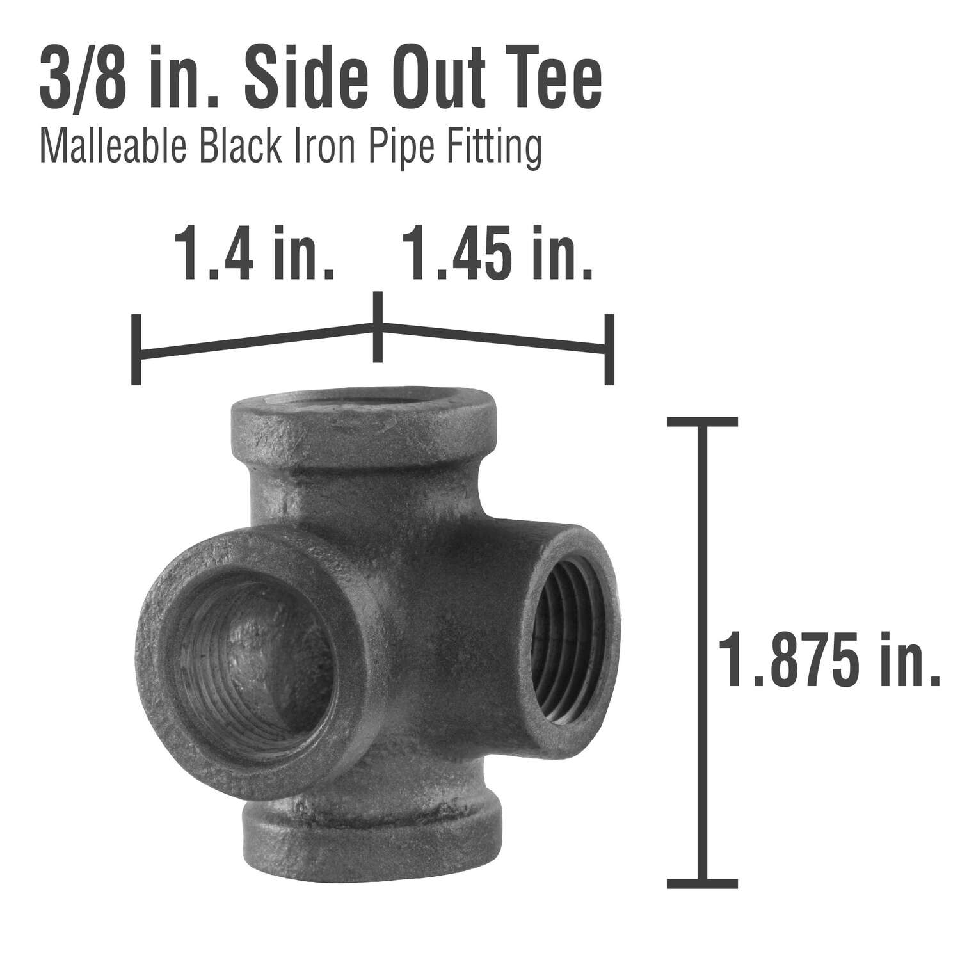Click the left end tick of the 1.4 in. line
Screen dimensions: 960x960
[x=136, y=349]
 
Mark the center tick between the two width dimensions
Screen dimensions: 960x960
[x=378, y=327]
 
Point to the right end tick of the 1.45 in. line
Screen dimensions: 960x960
[x=609, y=349]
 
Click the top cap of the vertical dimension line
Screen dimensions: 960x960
[x=702, y=421]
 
